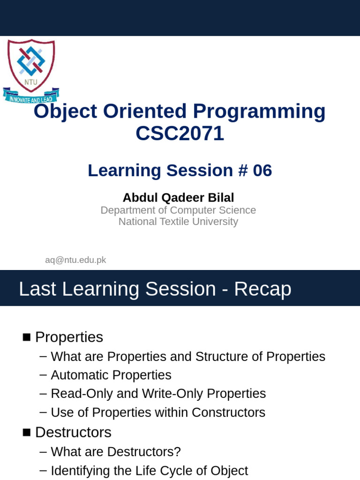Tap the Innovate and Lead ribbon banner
pos(31,96)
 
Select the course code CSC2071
pos(180,134)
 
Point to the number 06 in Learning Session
pos(262,171)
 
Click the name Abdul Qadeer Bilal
pos(178,198)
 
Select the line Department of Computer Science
pos(178,210)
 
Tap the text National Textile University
pos(178,222)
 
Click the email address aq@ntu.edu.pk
pos(75,260)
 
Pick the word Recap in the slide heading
pos(262,289)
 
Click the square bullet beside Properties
pos(27,337)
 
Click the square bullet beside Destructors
pos(27,432)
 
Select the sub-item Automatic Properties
pos(111,375)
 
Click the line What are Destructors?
pos(116,452)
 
